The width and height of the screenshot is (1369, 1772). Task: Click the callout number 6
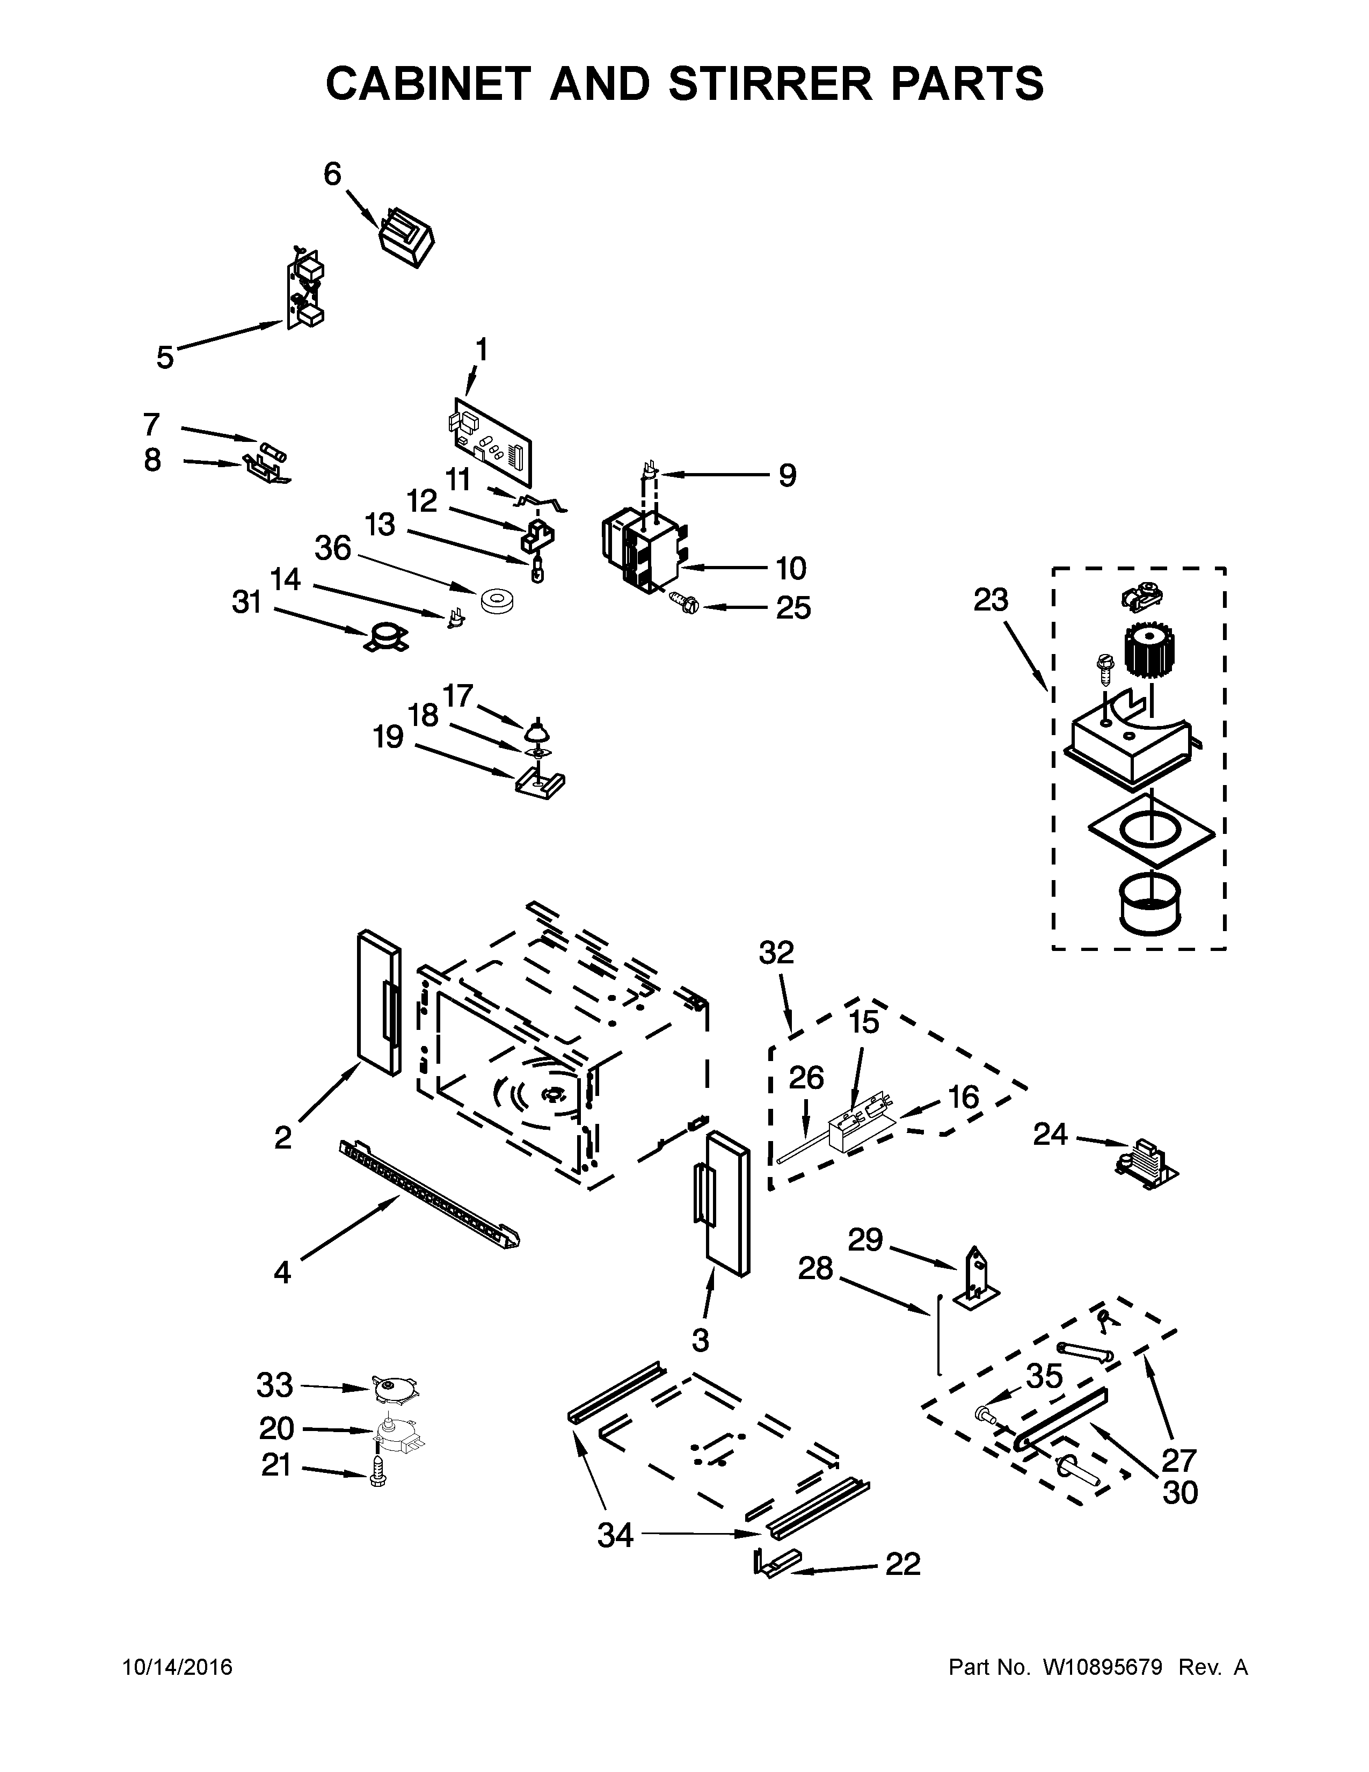(332, 175)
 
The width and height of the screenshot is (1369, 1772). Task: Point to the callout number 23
(991, 600)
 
